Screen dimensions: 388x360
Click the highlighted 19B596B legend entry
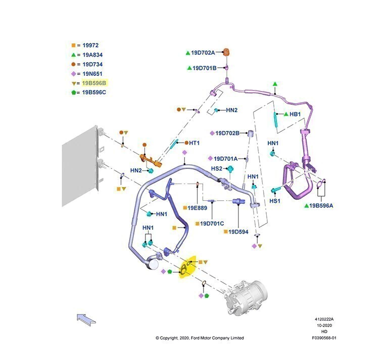[x=94, y=83]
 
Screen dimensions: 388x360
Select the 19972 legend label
[x=90, y=46]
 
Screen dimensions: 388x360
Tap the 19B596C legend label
[x=94, y=93]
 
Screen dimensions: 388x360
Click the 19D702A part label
[x=203, y=53]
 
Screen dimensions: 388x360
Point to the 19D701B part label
[x=205, y=68]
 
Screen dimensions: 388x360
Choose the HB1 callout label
[x=295, y=114]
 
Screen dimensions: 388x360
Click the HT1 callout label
[x=194, y=143]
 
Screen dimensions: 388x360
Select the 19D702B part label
[x=227, y=133]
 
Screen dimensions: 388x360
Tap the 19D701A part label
[x=226, y=159]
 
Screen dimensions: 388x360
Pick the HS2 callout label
[x=217, y=168]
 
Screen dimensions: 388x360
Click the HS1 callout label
[x=275, y=201]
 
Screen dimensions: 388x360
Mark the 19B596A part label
[x=321, y=205]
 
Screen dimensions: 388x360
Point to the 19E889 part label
[x=197, y=208]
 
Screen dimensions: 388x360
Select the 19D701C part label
[x=212, y=223]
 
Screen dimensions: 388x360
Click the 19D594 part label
[x=238, y=232]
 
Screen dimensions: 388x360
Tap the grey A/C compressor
[x=245, y=298]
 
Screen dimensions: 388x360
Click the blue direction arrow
[x=86, y=319]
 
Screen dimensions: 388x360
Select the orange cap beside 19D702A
[x=226, y=53]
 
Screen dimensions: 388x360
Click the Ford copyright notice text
[x=200, y=338]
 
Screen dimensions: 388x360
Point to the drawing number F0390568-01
[x=324, y=338]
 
